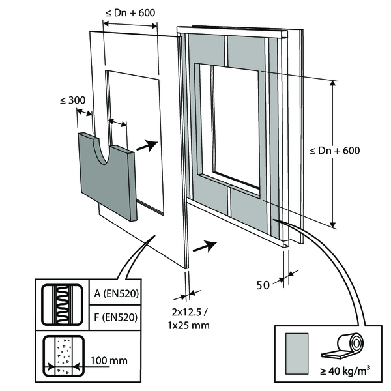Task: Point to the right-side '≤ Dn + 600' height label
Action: [336, 150]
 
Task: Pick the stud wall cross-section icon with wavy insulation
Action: [64, 305]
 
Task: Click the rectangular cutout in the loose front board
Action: [134, 111]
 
